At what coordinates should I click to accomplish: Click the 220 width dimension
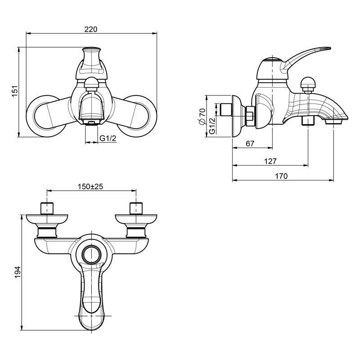91,29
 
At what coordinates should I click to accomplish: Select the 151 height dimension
15,91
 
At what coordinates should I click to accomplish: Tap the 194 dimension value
18,272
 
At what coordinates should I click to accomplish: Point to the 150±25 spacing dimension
90,187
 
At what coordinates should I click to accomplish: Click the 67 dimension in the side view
250,144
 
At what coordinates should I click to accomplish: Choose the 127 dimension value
270,161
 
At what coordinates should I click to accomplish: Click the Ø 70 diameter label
202,117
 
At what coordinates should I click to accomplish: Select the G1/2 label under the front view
108,139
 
